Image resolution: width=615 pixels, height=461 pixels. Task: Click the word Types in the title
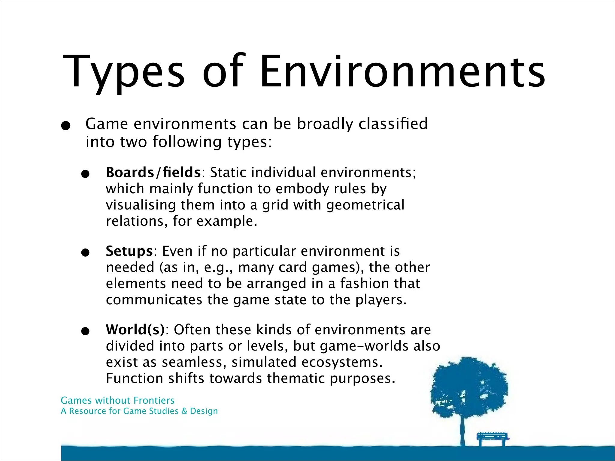pyautogui.click(x=123, y=72)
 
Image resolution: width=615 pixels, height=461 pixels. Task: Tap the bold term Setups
pyautogui.click(x=129, y=251)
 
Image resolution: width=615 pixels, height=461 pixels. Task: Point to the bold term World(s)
pyautogui.click(x=135, y=330)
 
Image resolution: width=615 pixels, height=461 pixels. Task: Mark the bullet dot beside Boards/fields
pyautogui.click(x=86, y=174)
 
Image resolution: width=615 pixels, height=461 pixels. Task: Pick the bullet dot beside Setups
pyautogui.click(x=86, y=253)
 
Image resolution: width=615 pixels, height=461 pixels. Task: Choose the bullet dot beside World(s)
pyautogui.click(x=86, y=331)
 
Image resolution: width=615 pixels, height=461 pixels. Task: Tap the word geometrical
pyautogui.click(x=365, y=205)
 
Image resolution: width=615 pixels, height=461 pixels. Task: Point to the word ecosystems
pyautogui.click(x=342, y=362)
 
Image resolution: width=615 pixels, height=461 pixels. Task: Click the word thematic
pyautogui.click(x=296, y=378)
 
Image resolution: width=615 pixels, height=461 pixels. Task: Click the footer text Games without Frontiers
pyautogui.click(x=117, y=400)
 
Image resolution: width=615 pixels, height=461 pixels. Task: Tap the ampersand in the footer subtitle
pyautogui.click(x=184, y=411)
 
